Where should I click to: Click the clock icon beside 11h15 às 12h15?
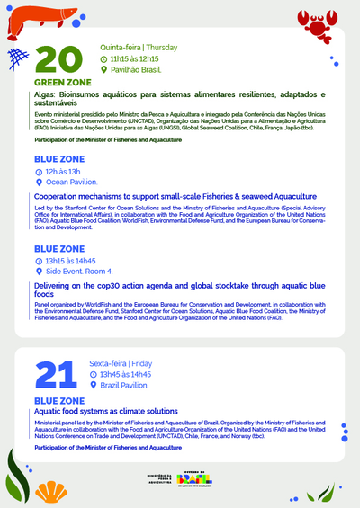tap(103, 58)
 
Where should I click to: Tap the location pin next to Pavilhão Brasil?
tap(103, 68)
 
